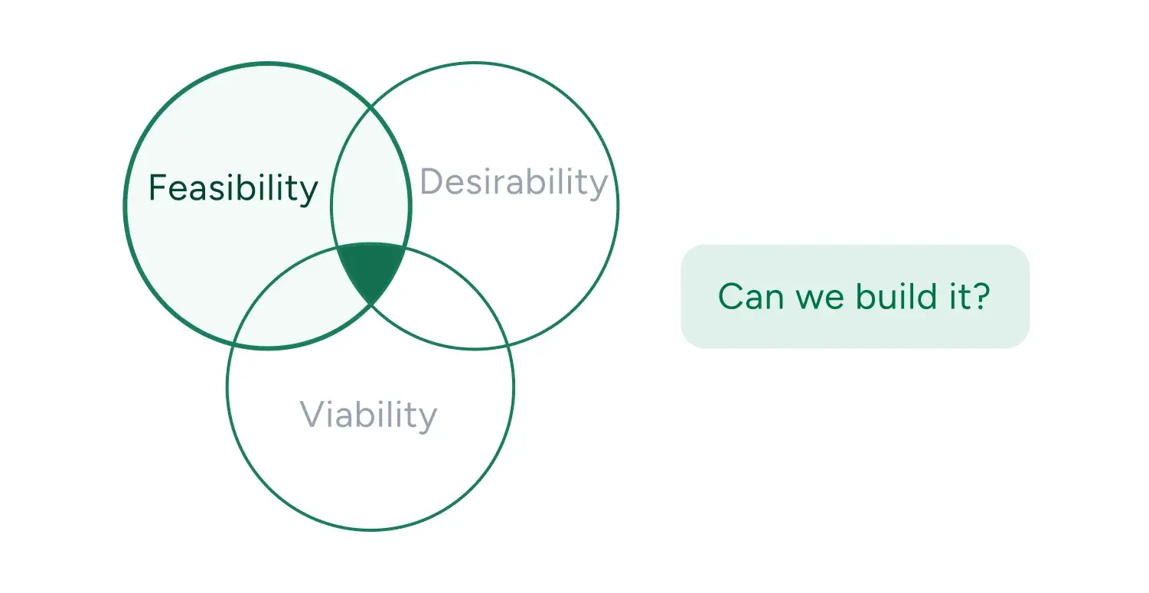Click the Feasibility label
point(233,188)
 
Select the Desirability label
point(514,183)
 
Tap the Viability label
point(368,415)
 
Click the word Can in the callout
point(742,297)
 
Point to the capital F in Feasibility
point(157,188)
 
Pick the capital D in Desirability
point(433,182)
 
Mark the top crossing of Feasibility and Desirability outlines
point(371,107)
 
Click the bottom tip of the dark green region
point(371,304)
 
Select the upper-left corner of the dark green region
point(337,248)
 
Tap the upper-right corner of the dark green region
point(405,247)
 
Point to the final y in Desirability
point(598,187)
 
